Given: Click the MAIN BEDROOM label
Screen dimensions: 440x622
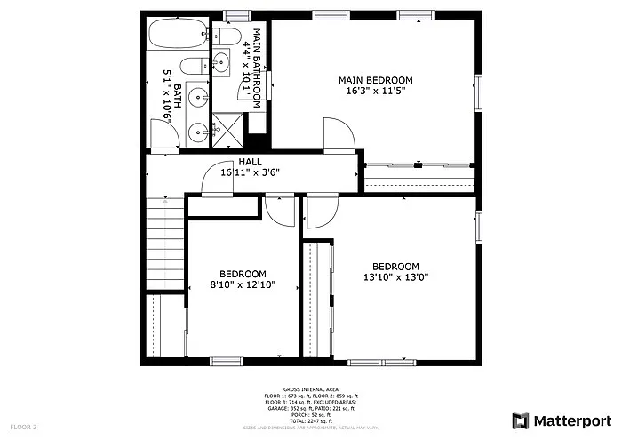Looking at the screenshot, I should pyautogui.click(x=375, y=80).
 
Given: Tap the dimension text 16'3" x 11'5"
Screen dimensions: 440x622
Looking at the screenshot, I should pyautogui.click(x=375, y=91).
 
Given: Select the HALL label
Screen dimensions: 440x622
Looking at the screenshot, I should pyautogui.click(x=250, y=162).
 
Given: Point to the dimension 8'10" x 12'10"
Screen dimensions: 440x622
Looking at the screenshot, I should pyautogui.click(x=243, y=285).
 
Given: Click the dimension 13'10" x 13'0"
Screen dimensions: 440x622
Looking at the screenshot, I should pyautogui.click(x=395, y=277).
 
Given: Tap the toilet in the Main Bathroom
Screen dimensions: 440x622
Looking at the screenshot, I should pyautogui.click(x=228, y=36).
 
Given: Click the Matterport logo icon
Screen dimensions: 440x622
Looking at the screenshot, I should pyautogui.click(x=520, y=420).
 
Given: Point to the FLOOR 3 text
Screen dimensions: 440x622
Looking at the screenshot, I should pyautogui.click(x=24, y=428).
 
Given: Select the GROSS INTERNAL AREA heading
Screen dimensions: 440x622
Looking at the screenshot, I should pyautogui.click(x=310, y=389).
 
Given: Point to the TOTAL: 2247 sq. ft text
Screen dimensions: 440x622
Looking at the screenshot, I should pyautogui.click(x=310, y=421).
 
